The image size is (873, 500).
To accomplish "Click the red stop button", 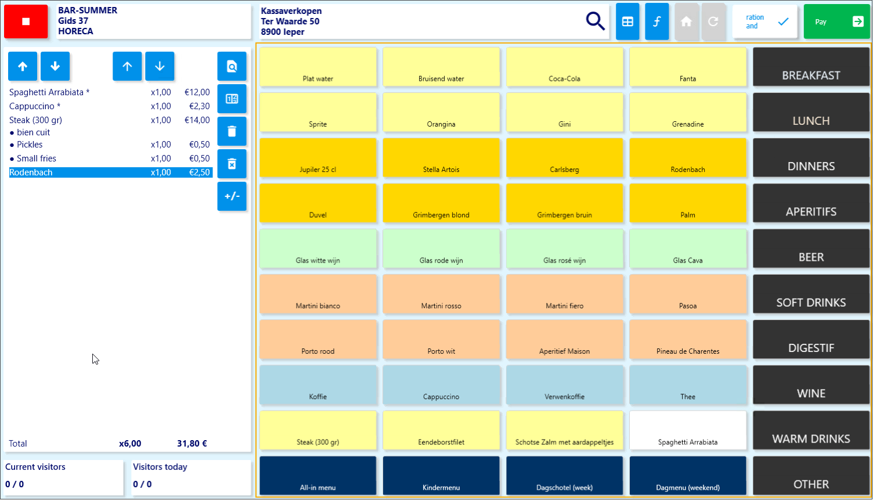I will pos(26,21).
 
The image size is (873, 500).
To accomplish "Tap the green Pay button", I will pos(836,21).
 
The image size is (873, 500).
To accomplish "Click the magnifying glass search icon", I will pos(595,21).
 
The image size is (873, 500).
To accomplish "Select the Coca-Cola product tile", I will pos(564,67).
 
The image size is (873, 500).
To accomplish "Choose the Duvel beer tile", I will pos(318,203).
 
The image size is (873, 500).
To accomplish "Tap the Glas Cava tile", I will pos(688,249).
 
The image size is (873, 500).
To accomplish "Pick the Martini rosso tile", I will pos(441,294).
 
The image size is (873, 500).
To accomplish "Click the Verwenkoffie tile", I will pos(564,385).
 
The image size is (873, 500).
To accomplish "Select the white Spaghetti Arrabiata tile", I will pos(688,430).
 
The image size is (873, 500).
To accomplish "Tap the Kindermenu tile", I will pos(441,476).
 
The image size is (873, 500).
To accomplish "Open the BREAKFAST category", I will pos(811,67).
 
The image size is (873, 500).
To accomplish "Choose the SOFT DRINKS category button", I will pos(811,294).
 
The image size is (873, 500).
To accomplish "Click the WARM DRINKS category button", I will pos(811,430).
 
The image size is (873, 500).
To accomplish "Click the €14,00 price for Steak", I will pos(197,120).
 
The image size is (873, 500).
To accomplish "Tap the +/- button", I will pos(232,196).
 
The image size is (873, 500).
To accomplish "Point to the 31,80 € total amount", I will pos(192,444).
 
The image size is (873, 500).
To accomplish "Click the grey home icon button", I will pos(686,21).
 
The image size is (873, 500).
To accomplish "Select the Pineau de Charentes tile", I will pos(688,339).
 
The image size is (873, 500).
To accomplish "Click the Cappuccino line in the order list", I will pos(35,106).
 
